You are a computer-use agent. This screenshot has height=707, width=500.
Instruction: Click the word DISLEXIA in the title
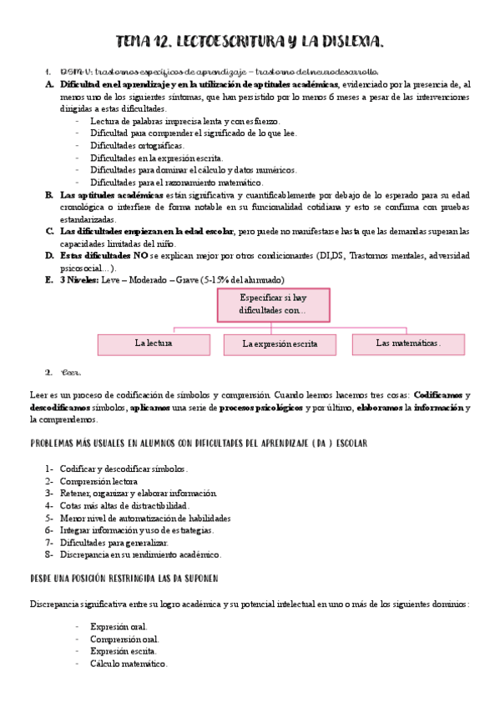[342, 41]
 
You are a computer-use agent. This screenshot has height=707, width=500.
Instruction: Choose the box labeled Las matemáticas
[408, 343]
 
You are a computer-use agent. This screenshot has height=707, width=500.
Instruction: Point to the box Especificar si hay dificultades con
[273, 303]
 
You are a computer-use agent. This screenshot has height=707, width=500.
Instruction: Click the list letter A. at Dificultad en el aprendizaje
[49, 86]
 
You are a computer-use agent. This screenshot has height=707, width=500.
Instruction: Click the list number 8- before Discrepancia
[50, 554]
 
